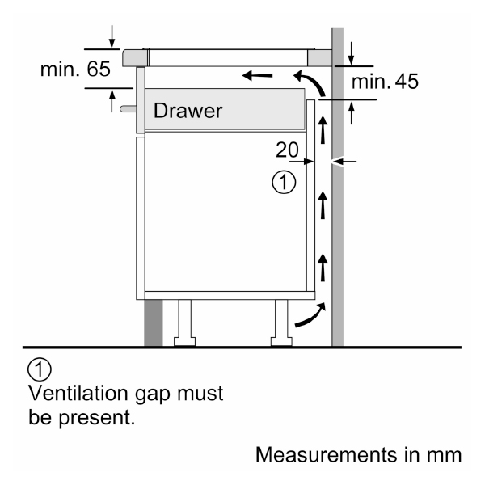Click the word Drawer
(188, 111)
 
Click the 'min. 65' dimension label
(75, 69)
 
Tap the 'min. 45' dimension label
(385, 82)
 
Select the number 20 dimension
(287, 150)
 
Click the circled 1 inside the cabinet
(284, 182)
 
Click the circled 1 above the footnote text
(40, 369)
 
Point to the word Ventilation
(78, 393)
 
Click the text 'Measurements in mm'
(358, 455)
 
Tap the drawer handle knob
(128, 108)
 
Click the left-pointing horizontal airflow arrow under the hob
(257, 75)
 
